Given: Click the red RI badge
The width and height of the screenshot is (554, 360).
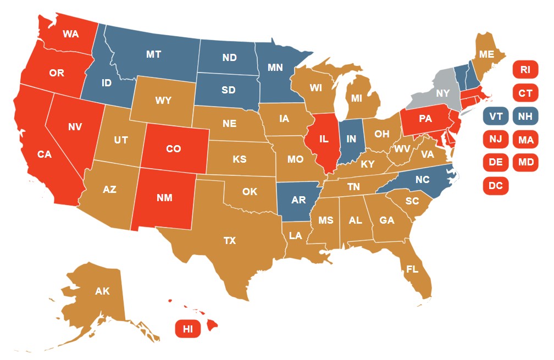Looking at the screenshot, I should pyautogui.click(x=525, y=70).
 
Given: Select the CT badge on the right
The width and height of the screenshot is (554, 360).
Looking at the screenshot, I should pyautogui.click(x=525, y=93).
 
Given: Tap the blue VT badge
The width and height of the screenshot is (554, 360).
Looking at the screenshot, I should pyautogui.click(x=496, y=117).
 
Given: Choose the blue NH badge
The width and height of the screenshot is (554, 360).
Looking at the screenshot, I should pyautogui.click(x=525, y=117).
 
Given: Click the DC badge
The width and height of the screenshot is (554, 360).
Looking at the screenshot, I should pyautogui.click(x=496, y=186).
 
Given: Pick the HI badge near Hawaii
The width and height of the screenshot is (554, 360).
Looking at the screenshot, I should pyautogui.click(x=188, y=329).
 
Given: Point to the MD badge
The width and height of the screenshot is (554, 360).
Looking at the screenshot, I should pyautogui.click(x=525, y=163).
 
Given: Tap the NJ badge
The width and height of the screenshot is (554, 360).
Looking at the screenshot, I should pyautogui.click(x=496, y=140).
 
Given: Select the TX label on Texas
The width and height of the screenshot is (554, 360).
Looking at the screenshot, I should pyautogui.click(x=229, y=241).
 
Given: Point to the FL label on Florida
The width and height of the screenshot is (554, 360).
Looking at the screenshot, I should pyautogui.click(x=412, y=269).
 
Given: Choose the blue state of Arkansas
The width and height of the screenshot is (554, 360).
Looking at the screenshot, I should pyautogui.click(x=298, y=200).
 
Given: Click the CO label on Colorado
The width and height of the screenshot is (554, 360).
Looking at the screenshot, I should pyautogui.click(x=174, y=148).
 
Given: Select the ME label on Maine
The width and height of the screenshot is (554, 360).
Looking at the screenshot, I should pyautogui.click(x=486, y=54).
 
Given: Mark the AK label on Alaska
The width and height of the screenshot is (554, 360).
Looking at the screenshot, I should pyautogui.click(x=102, y=291).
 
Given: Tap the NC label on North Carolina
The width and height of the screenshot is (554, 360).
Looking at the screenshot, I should pyautogui.click(x=422, y=179).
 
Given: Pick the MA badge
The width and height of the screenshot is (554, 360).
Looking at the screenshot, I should pyautogui.click(x=525, y=140).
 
